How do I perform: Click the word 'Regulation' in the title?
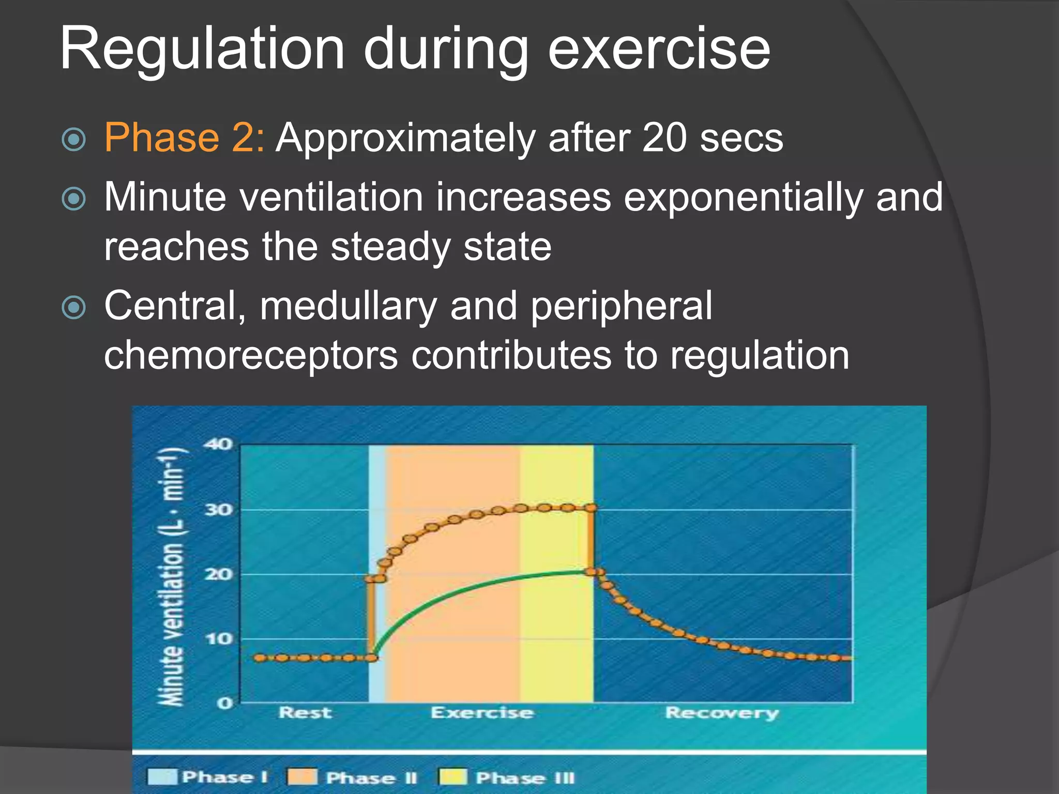pyautogui.click(x=202, y=49)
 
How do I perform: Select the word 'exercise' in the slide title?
pyautogui.click(x=659, y=49)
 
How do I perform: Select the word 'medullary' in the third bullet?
pyautogui.click(x=349, y=306)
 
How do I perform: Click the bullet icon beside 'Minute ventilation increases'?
pyautogui.click(x=73, y=198)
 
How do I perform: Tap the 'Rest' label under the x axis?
pyautogui.click(x=305, y=713)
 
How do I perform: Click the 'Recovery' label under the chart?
pyautogui.click(x=722, y=713)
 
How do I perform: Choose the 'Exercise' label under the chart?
pyautogui.click(x=482, y=713)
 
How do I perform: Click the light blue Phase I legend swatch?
pyautogui.click(x=162, y=776)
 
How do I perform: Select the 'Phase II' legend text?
pyautogui.click(x=371, y=777)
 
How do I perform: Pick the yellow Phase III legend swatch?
pyautogui.click(x=453, y=776)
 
